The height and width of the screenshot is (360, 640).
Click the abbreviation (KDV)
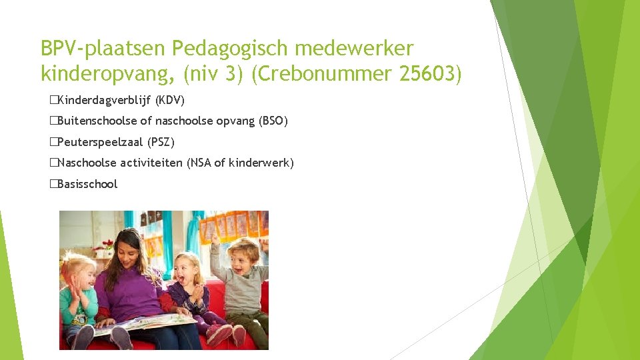pyautogui.click(x=169, y=101)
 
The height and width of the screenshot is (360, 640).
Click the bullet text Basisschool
pyautogui.click(x=87, y=184)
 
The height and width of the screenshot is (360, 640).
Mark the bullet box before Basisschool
pyautogui.click(x=53, y=184)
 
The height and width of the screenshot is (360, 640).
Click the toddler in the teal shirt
pyautogui.click(x=78, y=300)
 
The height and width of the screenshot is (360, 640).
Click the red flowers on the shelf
pyautogui.click(x=103, y=245)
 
